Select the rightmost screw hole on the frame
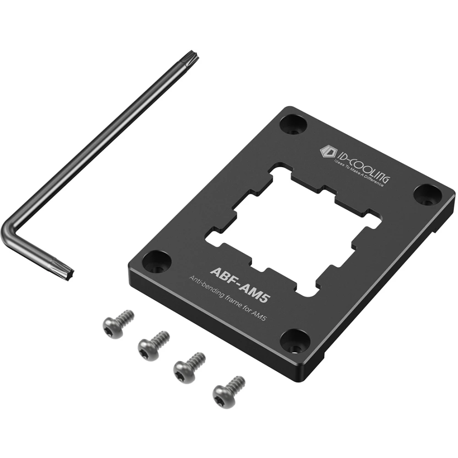click(x=427, y=195)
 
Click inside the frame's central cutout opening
click(x=293, y=229)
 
